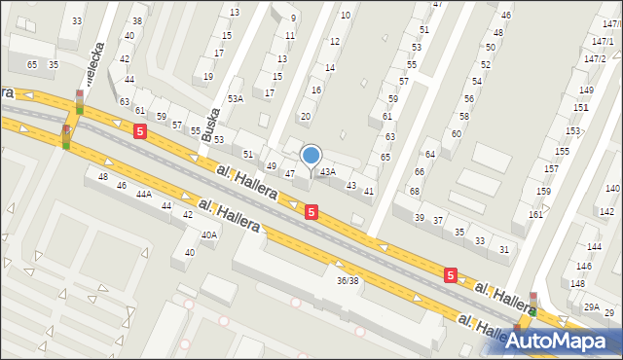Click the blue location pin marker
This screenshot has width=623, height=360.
point(311,157)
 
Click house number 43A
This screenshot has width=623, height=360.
point(328,171)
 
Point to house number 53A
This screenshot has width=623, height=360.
point(235,98)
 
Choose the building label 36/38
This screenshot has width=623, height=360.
point(348,280)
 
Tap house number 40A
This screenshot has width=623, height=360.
point(209,234)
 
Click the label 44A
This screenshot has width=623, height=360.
point(143,195)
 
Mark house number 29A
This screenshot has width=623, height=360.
point(590,306)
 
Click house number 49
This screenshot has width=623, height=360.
point(272,166)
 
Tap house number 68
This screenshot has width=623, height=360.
point(414,191)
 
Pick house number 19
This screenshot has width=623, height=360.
point(207,76)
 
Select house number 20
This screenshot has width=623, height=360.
point(305,116)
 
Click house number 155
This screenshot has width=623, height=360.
point(562,152)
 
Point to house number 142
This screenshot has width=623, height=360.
point(606,211)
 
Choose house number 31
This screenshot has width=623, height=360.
point(503,249)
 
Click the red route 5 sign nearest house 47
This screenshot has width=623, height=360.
point(311,211)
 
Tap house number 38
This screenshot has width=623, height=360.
point(136,20)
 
